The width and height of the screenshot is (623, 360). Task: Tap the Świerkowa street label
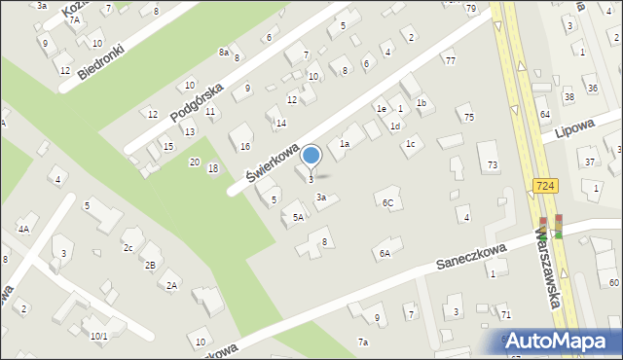point(272,159)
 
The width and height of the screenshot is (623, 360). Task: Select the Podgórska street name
point(197,101)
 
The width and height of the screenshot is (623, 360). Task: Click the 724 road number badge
point(545,185)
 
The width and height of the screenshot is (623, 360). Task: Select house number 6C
point(387,202)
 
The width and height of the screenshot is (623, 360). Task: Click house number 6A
point(385,253)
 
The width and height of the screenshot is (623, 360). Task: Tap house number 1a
point(344,144)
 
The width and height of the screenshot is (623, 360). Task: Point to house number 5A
point(298,218)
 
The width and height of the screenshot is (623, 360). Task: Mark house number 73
point(493,165)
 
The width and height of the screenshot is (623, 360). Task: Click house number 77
point(450,61)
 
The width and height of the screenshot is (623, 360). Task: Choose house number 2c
point(128,247)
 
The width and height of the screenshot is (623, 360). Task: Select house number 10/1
point(99,336)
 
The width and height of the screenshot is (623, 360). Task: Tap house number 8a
point(224,52)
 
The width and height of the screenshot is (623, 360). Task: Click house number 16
point(245,146)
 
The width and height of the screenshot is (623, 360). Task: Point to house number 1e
point(383,109)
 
